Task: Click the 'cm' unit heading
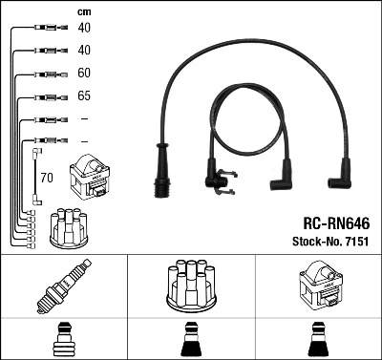tap(84, 11)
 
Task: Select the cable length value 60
tap(84, 74)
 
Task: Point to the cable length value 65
tap(84, 97)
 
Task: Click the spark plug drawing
tap(63, 286)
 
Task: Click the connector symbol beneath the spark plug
tap(63, 338)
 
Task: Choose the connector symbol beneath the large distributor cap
tap(190, 338)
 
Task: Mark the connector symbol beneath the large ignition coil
tap(317, 338)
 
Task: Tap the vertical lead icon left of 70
tap(35, 176)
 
